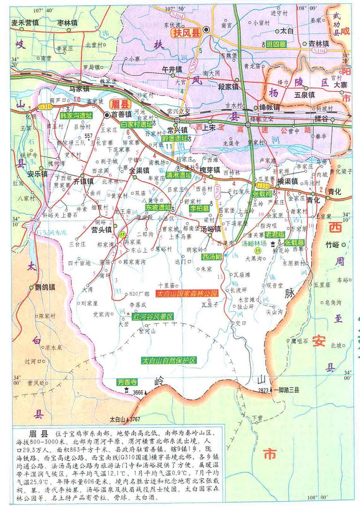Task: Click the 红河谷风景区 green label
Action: tap(152, 317)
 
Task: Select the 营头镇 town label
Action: tap(101, 230)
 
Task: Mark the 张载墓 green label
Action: tap(295, 243)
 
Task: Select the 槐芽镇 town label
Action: tap(210, 170)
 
